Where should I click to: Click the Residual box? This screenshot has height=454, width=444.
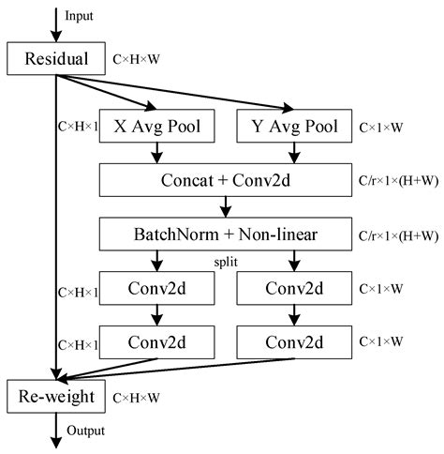pyautogui.click(x=56, y=60)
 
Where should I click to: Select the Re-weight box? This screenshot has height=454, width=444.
pyautogui.click(x=56, y=398)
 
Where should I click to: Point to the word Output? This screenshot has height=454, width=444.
pyautogui.click(x=85, y=431)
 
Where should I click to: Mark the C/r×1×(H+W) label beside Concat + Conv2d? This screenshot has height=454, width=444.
pyautogui.click(x=393, y=179)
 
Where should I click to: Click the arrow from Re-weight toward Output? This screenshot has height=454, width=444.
pyautogui.click(x=56, y=428)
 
